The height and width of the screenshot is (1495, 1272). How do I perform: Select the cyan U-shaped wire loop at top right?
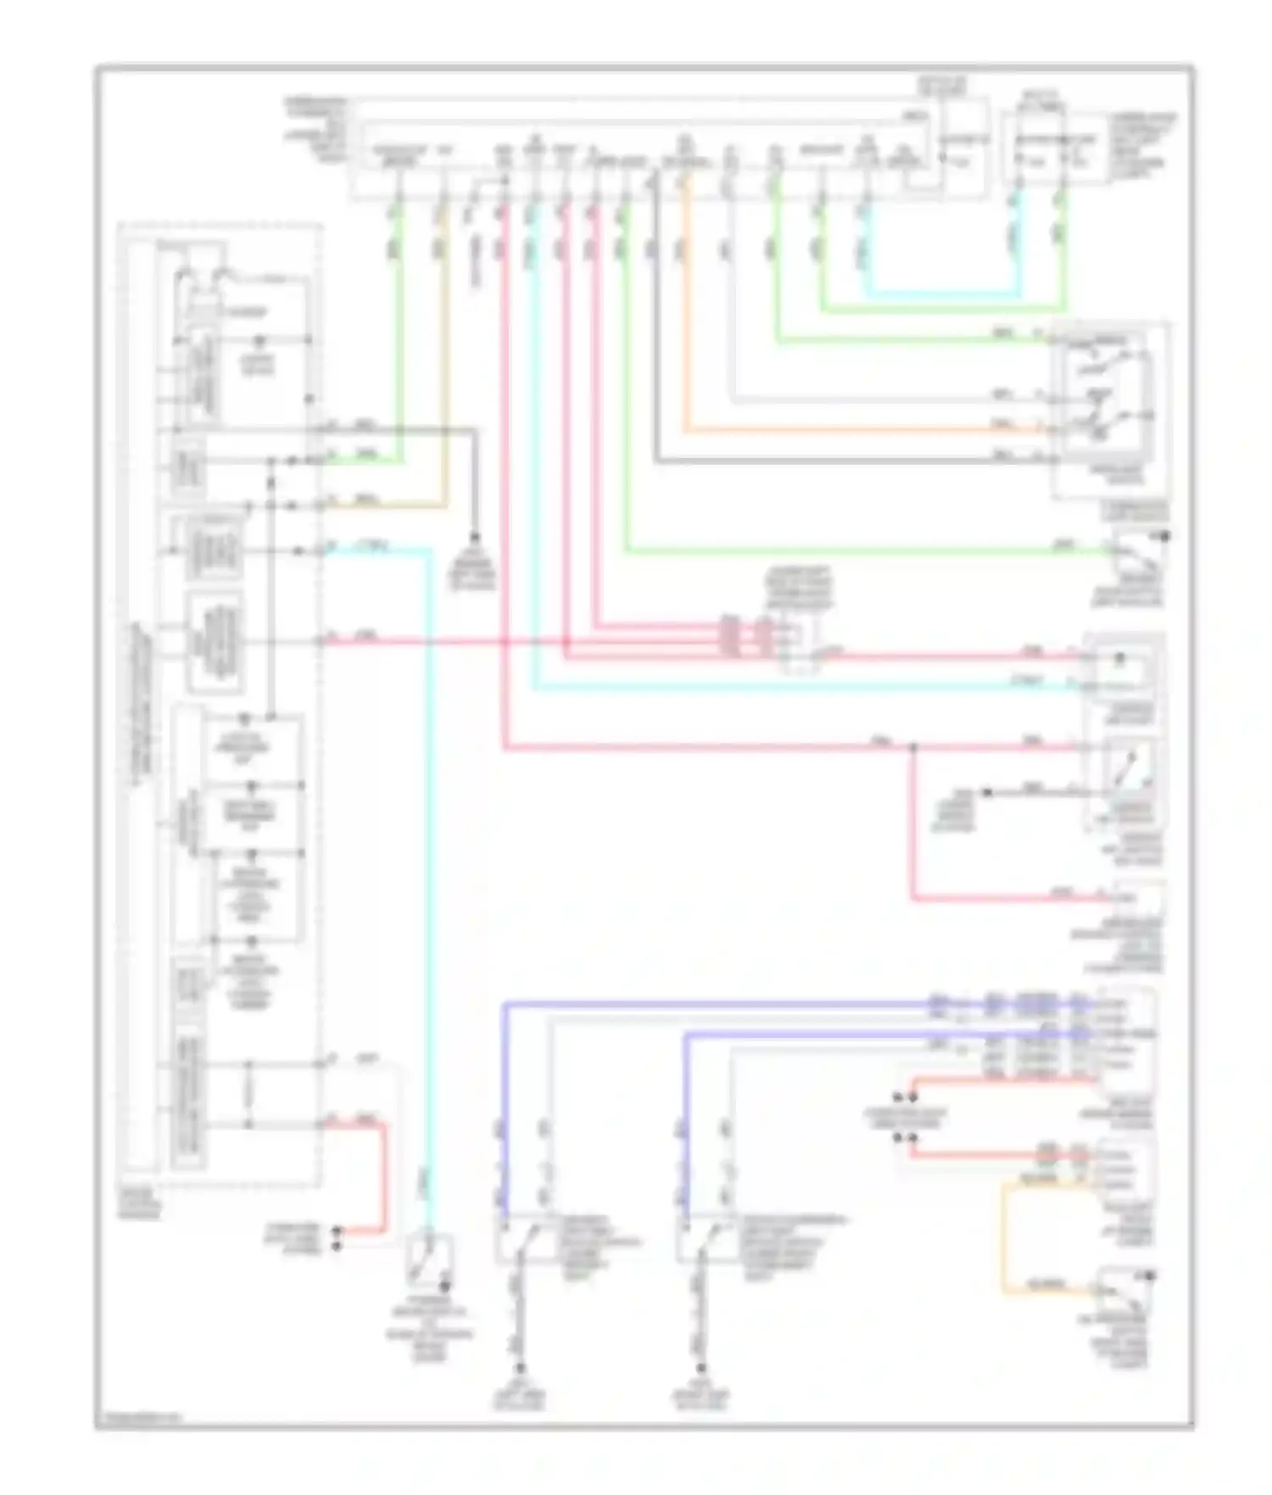[941, 293]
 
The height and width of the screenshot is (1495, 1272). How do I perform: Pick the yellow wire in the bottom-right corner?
[1004, 1238]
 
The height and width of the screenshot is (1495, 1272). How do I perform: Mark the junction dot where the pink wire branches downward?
[913, 748]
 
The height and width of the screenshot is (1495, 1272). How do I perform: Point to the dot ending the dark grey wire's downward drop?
[474, 539]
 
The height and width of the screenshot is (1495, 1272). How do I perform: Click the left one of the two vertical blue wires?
[505, 1102]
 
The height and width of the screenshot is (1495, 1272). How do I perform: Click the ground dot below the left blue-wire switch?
[520, 1367]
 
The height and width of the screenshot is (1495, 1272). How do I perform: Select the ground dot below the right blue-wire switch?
[701, 1367]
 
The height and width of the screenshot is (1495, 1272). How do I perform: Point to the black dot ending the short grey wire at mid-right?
[986, 793]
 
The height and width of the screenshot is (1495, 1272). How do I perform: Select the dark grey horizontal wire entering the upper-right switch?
[848, 461]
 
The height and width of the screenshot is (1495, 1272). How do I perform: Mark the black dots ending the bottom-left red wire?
[338, 1237]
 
